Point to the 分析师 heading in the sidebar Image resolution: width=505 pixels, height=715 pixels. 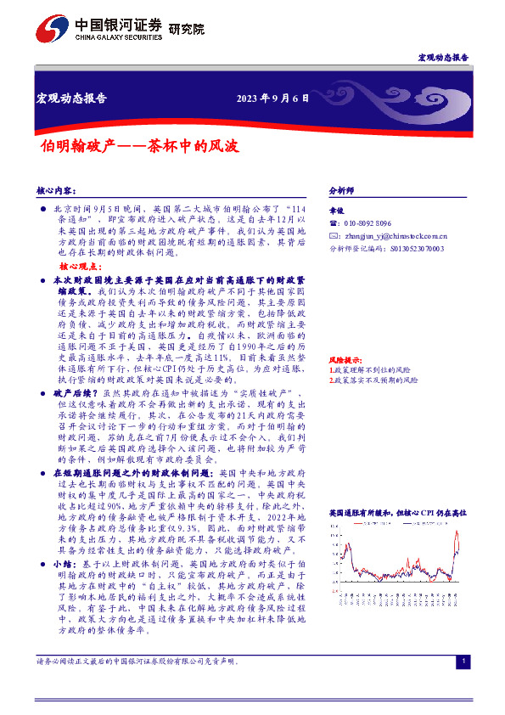click(341, 191)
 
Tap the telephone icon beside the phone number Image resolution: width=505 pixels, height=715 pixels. click(333, 223)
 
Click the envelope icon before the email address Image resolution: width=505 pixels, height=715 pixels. click(333, 236)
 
